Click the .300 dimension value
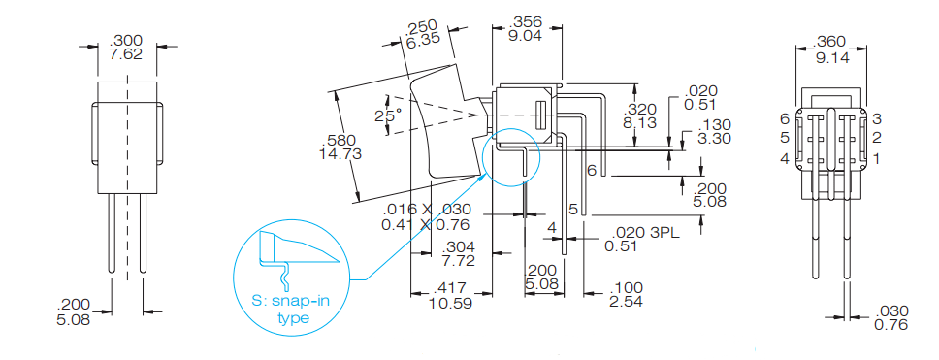click(x=126, y=40)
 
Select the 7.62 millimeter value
click(x=126, y=54)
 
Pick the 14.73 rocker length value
click(x=340, y=153)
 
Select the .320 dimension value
click(x=642, y=109)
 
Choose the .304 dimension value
click(x=458, y=246)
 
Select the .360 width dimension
click(x=831, y=41)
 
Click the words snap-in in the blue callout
click(x=295, y=302)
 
